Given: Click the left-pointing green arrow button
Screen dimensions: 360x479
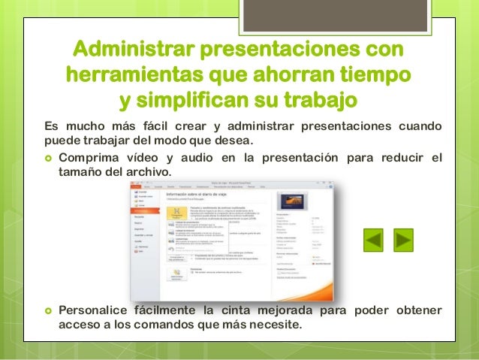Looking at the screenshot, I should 373,241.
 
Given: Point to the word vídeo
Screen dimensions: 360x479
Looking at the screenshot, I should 144,157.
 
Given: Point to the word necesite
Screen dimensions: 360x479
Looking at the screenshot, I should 276,325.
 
